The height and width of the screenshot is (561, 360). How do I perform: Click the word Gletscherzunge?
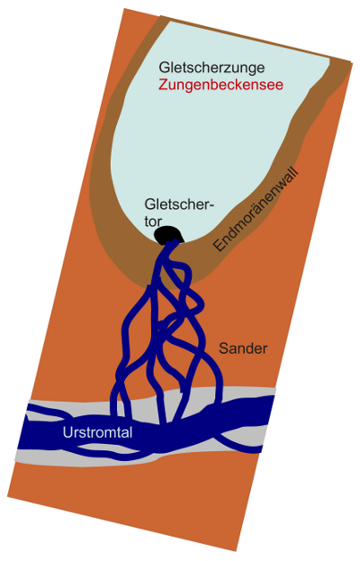[x=211, y=68]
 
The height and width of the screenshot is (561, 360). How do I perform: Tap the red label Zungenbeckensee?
[x=220, y=86]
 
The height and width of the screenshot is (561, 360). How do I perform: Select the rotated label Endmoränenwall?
[x=256, y=209]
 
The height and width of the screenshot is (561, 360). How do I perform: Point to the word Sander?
[x=243, y=348]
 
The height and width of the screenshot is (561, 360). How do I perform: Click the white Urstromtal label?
[x=97, y=432]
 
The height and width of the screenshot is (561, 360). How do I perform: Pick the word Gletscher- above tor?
[x=179, y=204]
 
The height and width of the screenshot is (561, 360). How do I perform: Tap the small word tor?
[x=153, y=222]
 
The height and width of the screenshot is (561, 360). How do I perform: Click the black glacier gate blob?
[x=168, y=235]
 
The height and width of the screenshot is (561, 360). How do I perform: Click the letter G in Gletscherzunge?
[x=164, y=68]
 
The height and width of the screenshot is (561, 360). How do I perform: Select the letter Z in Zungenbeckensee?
[x=164, y=85]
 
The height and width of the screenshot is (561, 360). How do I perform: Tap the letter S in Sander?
[x=223, y=348]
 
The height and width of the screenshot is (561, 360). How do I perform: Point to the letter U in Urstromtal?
[x=67, y=432]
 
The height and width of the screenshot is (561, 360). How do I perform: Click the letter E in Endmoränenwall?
[x=219, y=245]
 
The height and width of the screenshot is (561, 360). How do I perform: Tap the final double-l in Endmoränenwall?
[x=294, y=171]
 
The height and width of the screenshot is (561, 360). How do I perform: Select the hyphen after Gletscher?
[x=211, y=206]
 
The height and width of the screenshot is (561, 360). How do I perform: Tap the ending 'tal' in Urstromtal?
[x=125, y=432]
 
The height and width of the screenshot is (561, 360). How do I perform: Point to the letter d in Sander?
[x=250, y=348]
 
